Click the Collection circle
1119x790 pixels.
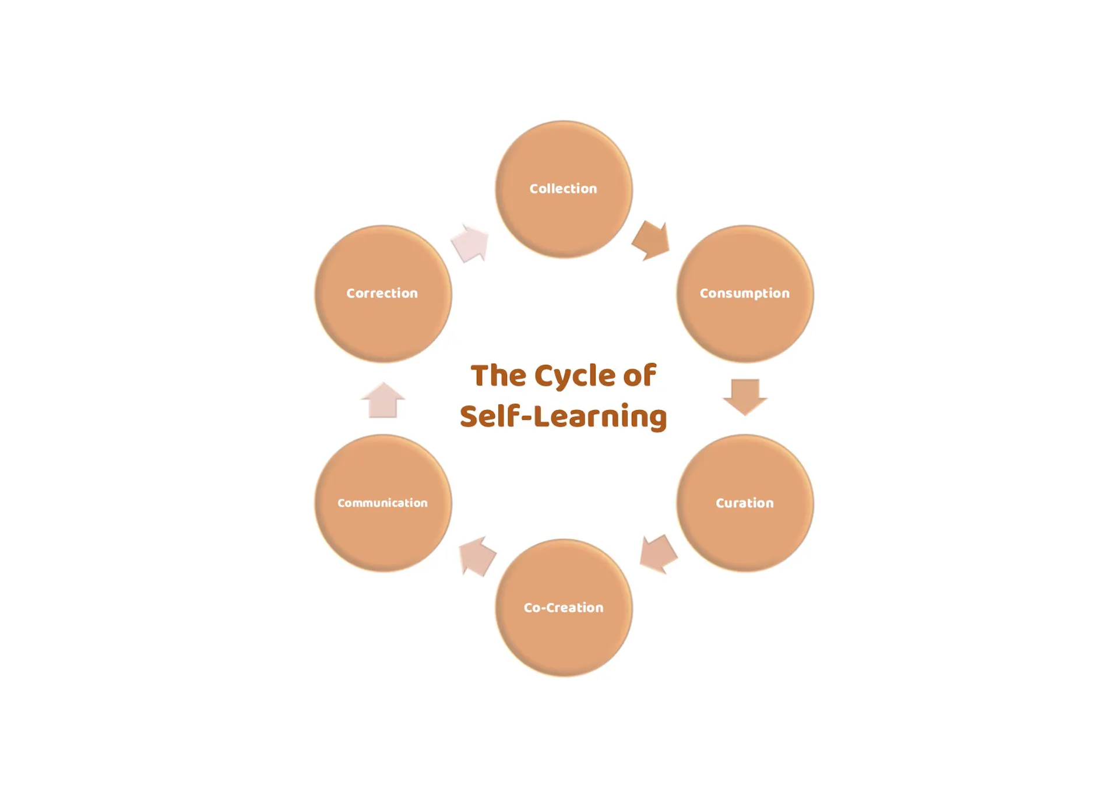point(564,189)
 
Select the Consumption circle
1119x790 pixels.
point(745,294)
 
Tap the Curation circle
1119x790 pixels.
point(745,503)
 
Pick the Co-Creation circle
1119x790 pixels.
point(564,608)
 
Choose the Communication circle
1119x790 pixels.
point(383,503)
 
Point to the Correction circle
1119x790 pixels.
point(383,294)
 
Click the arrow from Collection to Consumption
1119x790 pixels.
point(651,240)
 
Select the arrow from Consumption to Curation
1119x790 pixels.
point(745,397)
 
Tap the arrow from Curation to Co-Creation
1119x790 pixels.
point(659,554)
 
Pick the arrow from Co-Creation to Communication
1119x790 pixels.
point(477,556)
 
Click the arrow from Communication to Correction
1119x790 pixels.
point(383,400)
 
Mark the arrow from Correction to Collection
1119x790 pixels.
point(470,243)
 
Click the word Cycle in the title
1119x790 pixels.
point(575,376)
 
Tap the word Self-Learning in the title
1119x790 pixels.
point(563,417)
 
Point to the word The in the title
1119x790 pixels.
point(498,376)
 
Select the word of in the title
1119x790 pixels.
point(639,375)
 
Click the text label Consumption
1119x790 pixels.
point(745,294)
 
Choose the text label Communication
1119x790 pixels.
point(382,503)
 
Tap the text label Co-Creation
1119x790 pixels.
point(564,608)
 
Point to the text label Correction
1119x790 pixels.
point(382,293)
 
